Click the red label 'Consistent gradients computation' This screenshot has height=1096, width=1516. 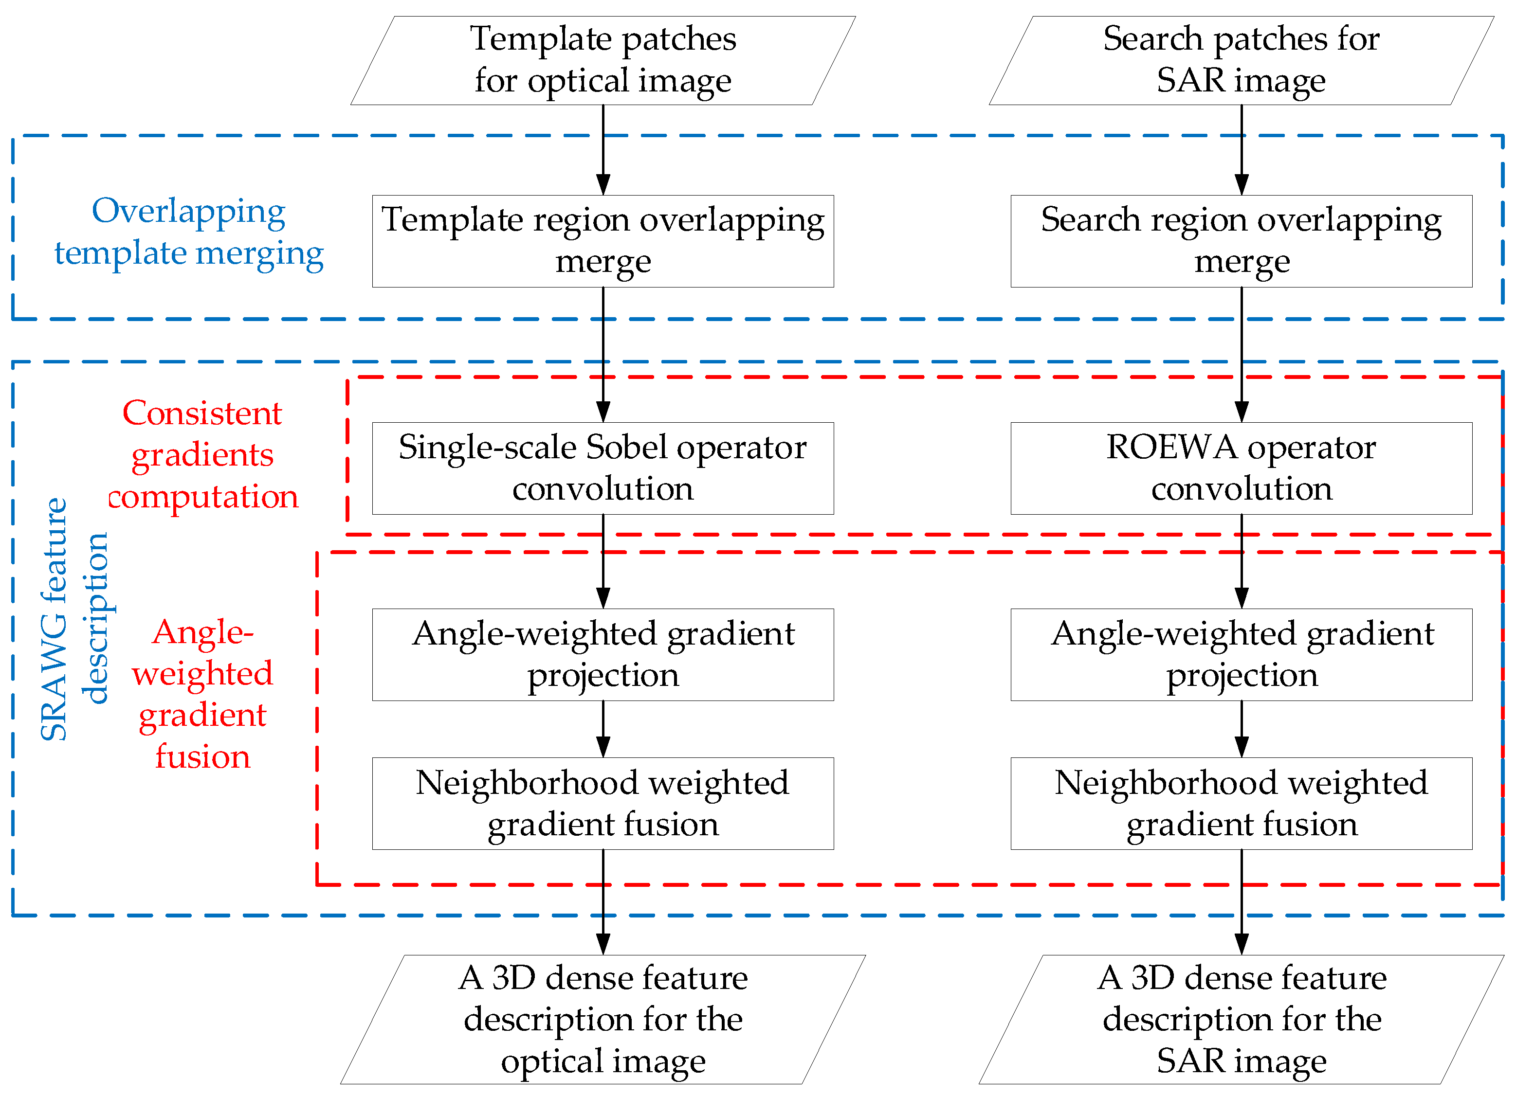(x=202, y=454)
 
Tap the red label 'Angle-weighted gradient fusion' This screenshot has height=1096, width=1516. (x=202, y=694)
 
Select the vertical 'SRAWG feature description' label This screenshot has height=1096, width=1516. (x=73, y=619)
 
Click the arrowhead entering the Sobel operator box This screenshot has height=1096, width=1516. (x=603, y=412)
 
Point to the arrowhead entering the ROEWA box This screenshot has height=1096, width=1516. (x=1242, y=412)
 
